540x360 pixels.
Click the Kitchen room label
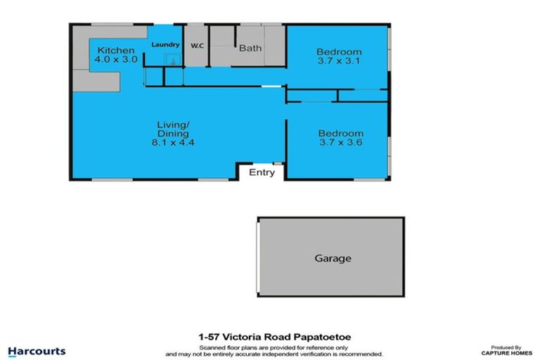115,51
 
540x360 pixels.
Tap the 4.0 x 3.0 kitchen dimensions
115,60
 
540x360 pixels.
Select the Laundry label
165,45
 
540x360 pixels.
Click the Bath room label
250,49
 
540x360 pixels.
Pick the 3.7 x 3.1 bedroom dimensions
339,62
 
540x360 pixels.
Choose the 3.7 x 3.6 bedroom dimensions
340,143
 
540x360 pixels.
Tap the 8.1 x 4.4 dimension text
174,142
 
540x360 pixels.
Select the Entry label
262,173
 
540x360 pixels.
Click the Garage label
332,258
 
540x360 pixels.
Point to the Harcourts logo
37,351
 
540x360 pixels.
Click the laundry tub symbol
171,60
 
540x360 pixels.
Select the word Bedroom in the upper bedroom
339,52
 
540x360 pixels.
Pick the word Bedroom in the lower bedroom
340,134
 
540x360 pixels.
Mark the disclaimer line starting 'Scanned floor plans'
274,347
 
